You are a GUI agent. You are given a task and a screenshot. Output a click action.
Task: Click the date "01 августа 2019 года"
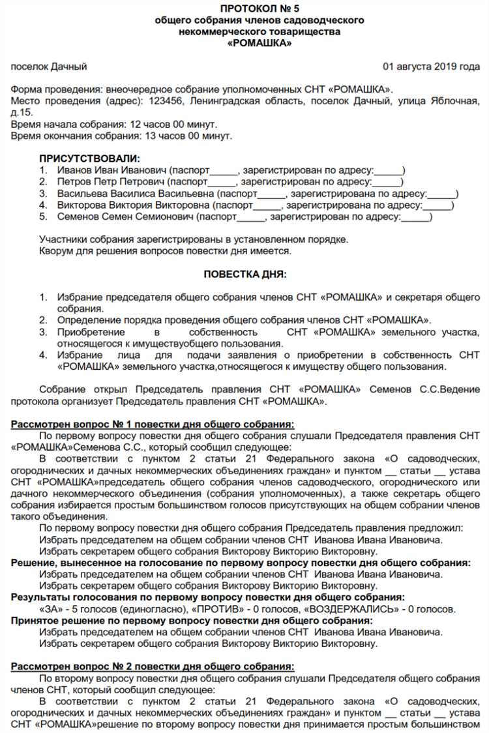pos(431,67)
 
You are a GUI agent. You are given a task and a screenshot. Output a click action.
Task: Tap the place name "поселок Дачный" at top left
pos(49,67)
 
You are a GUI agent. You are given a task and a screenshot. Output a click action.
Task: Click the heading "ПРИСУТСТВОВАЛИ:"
pos(89,158)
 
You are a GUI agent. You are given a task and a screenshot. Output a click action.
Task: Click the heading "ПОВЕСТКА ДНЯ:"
pos(244,275)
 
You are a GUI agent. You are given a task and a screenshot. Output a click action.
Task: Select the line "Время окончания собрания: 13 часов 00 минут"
pos(121,136)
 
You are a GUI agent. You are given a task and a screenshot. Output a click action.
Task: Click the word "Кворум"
pos(57,250)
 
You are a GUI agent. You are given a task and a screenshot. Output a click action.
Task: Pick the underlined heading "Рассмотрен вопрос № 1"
pos(152,425)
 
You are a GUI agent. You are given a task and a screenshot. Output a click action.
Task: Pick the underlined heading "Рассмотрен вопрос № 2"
pos(152,666)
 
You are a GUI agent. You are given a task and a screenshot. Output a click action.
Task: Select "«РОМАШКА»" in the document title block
pos(259,43)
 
